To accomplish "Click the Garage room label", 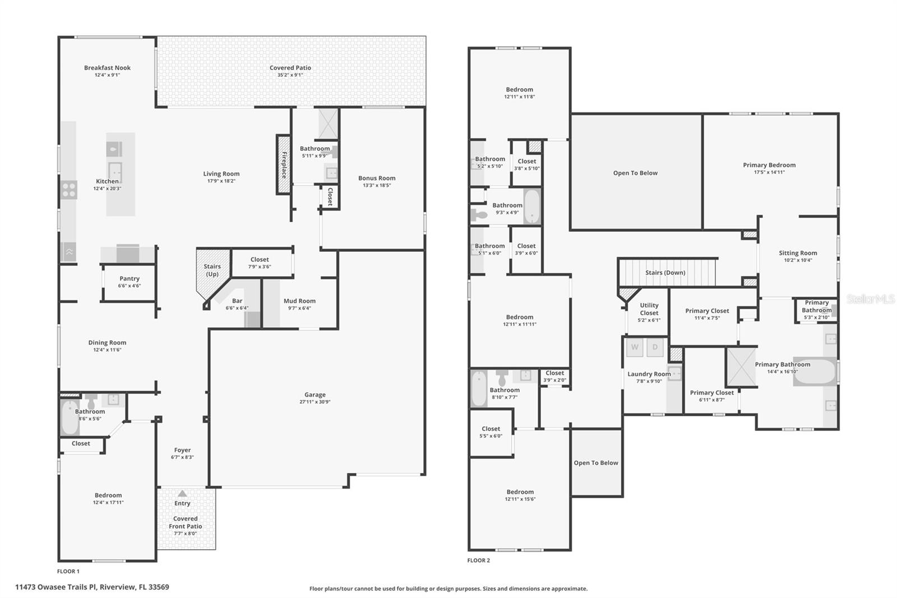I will point(315,395).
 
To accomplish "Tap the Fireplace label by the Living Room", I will point(284,165).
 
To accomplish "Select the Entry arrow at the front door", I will point(182,494).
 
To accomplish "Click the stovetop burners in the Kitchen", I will point(69,190).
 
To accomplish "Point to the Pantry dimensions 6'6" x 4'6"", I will point(130,286).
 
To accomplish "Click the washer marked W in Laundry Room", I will point(635,347).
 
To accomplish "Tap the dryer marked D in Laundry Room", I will point(655,347).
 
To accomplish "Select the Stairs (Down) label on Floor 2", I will point(665,273).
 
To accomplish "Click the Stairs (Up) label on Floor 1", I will point(212,270).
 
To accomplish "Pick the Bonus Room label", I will point(377,178).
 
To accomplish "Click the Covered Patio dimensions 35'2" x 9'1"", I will point(290,75).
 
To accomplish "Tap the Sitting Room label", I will point(798,253).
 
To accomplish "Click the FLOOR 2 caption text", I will point(479,560).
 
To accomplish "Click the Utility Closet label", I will point(649,309).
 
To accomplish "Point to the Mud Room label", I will point(299,301).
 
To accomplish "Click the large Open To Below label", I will point(635,173).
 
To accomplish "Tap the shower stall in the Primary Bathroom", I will point(742,367).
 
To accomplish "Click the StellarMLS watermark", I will point(870,299).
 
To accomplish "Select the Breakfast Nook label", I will point(107,68).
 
